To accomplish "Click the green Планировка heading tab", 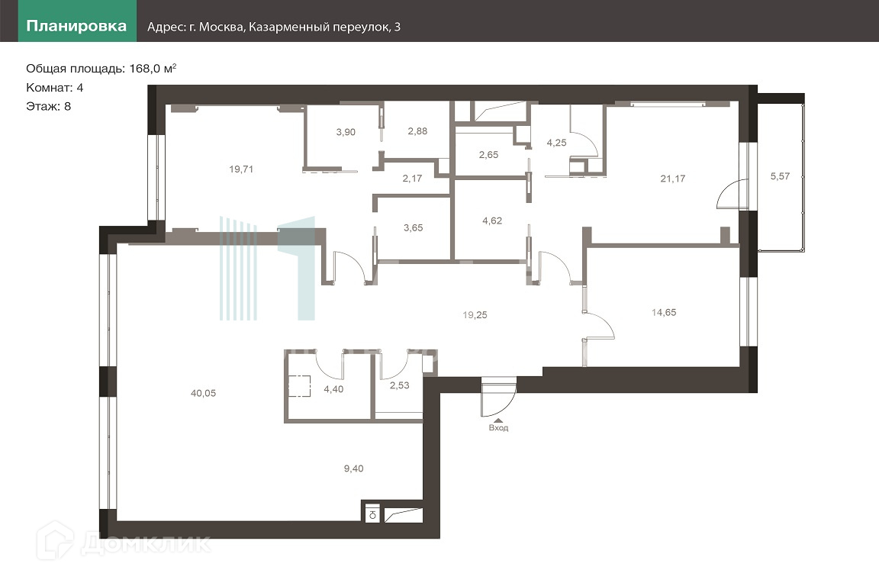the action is click(x=77, y=27).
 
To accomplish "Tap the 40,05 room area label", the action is click(x=203, y=393).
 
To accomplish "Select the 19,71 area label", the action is click(x=241, y=169).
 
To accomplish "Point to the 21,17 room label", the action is click(x=673, y=179).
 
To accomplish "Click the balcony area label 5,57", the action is click(x=780, y=176).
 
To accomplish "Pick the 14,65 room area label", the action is click(x=664, y=312).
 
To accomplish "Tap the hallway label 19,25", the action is click(x=475, y=315).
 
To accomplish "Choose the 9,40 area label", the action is click(x=354, y=468).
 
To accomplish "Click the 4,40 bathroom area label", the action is click(x=333, y=388).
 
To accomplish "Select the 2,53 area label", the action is click(x=400, y=385).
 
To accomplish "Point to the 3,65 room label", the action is click(x=413, y=227).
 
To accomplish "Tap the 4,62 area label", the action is click(x=492, y=221).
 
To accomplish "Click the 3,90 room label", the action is click(x=346, y=132).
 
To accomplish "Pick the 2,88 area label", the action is click(x=417, y=131).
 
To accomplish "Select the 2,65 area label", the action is click(x=489, y=155).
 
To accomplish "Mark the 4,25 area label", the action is click(x=557, y=143).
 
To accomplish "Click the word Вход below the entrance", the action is click(x=498, y=428).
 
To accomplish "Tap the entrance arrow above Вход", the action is click(x=497, y=418).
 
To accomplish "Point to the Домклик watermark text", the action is click(x=146, y=543).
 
